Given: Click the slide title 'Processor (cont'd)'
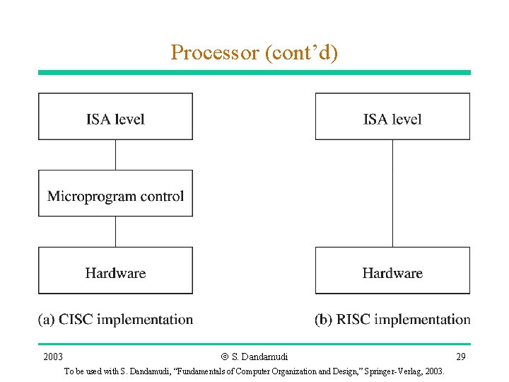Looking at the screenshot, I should coord(254,52).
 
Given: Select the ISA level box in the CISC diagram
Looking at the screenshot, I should coord(115,117).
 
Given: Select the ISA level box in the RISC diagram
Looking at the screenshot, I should coord(392,117).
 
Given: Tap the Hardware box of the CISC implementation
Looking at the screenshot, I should coord(115,270).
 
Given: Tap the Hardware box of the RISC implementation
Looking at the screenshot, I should coord(392,270).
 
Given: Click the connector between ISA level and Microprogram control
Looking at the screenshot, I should coord(115,154).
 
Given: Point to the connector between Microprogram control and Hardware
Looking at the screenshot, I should coord(115,231).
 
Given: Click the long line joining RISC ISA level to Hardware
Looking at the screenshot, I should coord(392,193).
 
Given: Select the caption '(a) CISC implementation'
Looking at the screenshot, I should coord(115,320).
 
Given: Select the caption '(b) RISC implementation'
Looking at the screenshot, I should coord(392,320).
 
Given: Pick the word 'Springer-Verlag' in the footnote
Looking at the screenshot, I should coord(394,371).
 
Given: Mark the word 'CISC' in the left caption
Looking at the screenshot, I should coord(76,320).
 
